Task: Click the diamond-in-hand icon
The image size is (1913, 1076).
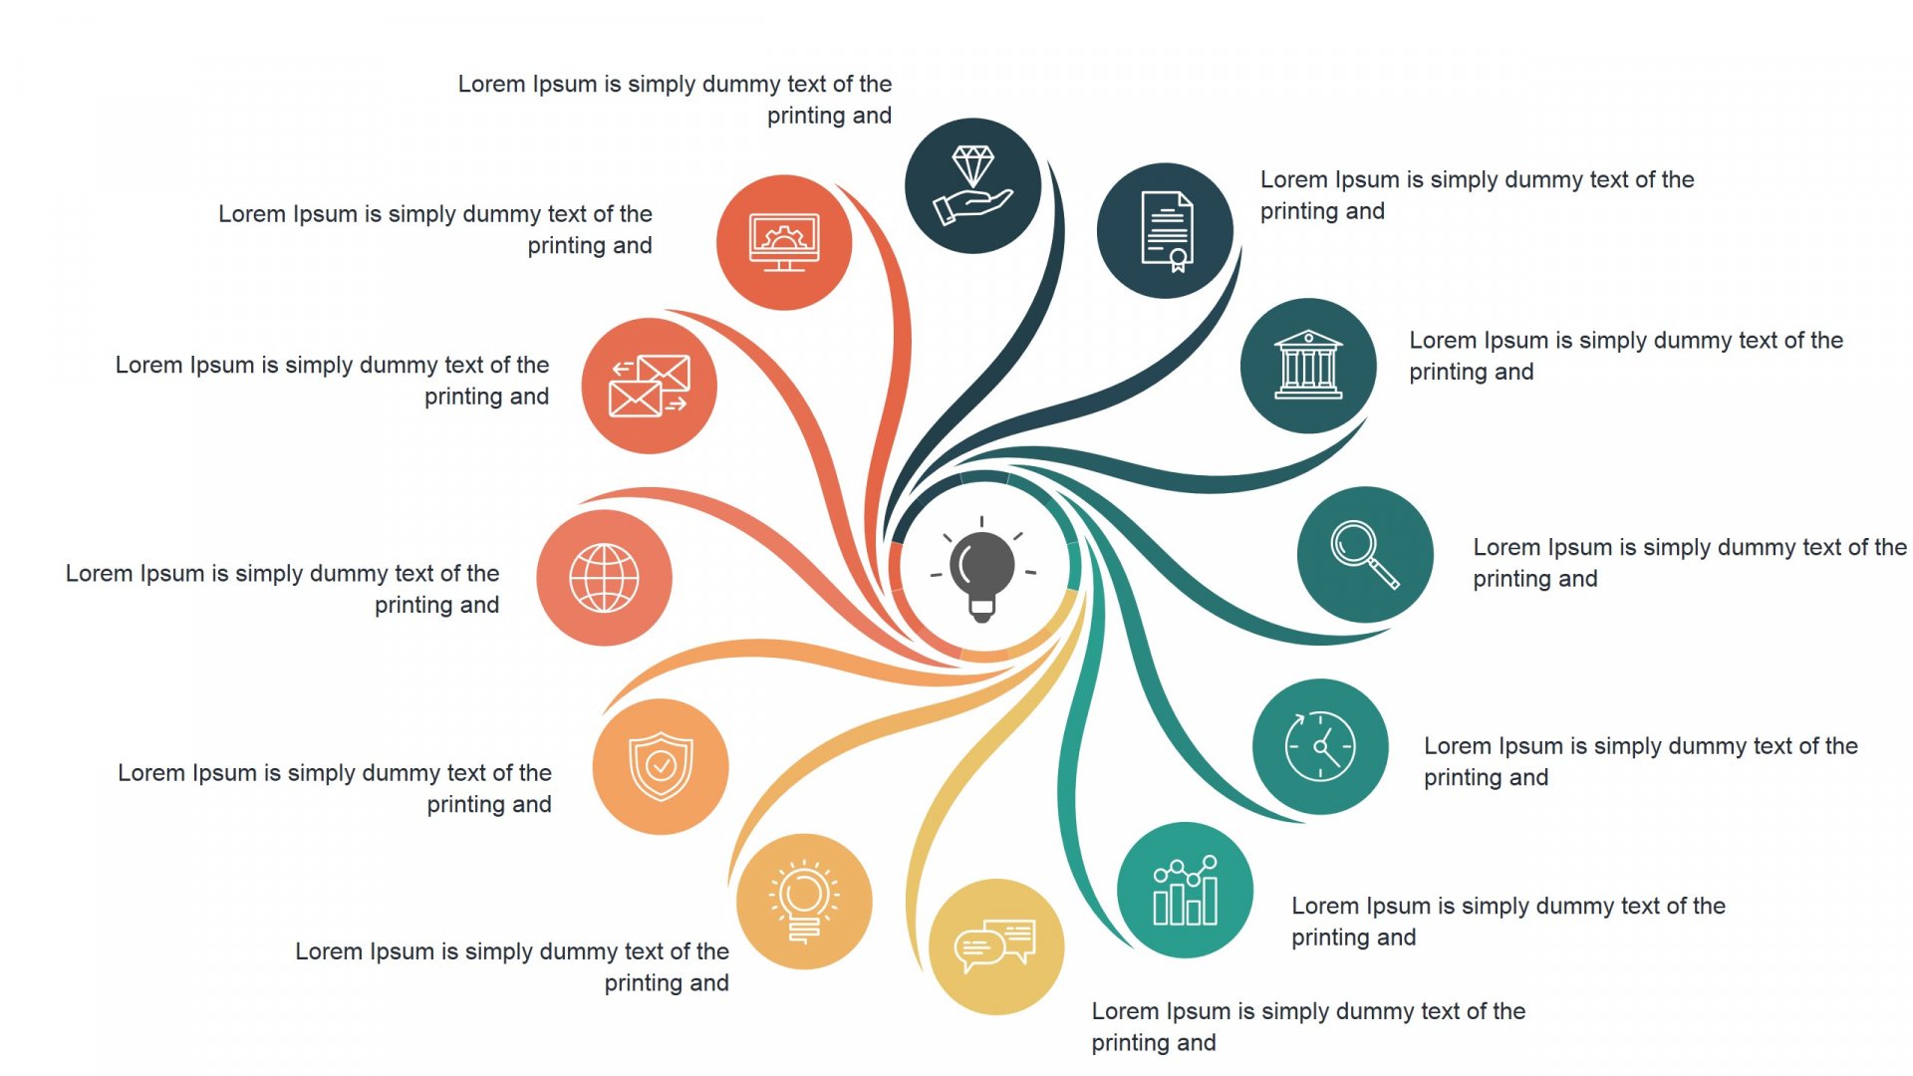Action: click(x=972, y=185)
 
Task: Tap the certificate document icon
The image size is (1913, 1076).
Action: click(x=1167, y=231)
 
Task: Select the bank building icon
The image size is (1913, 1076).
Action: click(x=1308, y=366)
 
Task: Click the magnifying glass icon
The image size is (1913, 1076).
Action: click(x=1365, y=555)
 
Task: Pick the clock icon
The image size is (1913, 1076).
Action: click(x=1320, y=745)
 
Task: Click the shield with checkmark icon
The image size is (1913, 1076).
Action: click(x=661, y=766)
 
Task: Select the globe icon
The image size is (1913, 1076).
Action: click(x=604, y=578)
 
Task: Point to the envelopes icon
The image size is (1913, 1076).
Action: click(x=649, y=386)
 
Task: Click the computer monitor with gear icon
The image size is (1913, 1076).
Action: click(x=784, y=242)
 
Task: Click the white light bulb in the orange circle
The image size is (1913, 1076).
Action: click(x=804, y=901)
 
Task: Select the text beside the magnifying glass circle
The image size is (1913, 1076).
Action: click(x=1690, y=563)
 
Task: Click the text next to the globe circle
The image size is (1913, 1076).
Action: click(x=283, y=589)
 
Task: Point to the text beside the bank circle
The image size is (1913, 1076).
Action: click(x=1626, y=356)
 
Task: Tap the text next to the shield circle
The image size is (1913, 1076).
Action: click(x=335, y=788)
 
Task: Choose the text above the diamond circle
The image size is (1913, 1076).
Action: click(x=676, y=100)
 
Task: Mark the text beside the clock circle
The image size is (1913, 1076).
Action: click(x=1641, y=761)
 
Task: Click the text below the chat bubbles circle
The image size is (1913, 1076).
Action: click(x=1308, y=1026)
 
